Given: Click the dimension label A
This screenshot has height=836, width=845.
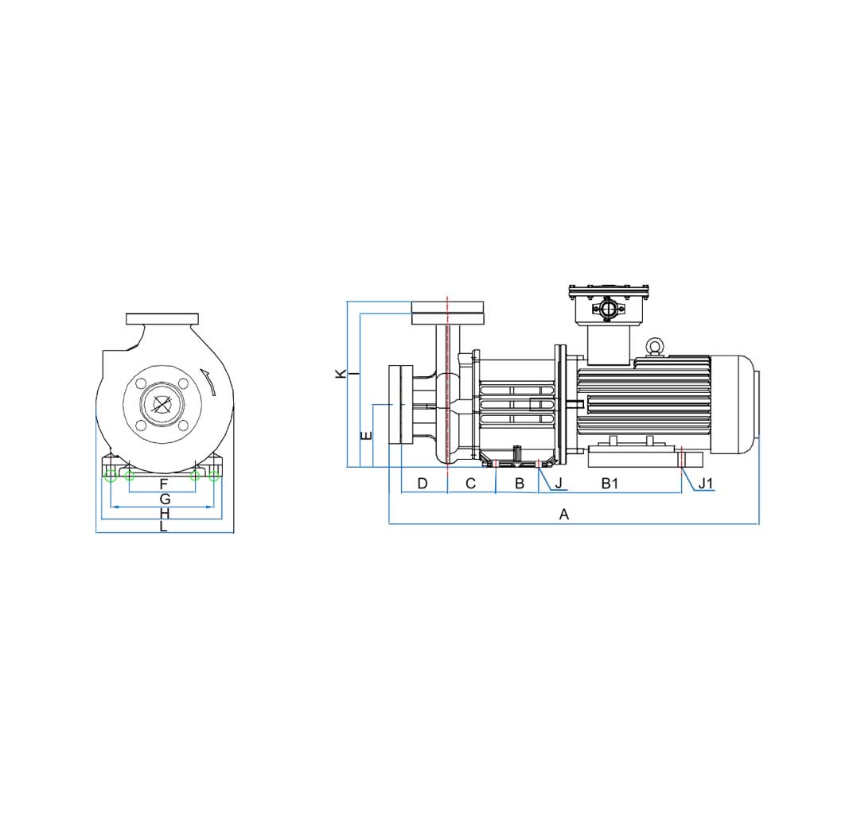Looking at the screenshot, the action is [563, 515].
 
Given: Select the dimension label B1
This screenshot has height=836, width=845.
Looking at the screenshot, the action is [609, 484].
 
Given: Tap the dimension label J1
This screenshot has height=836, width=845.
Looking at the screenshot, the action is [706, 484].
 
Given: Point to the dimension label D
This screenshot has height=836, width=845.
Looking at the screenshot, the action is [422, 484].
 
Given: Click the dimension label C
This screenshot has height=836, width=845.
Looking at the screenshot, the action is [470, 484].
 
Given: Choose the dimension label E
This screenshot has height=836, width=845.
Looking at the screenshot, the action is [367, 435].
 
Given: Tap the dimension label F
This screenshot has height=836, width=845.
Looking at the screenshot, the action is [164, 484].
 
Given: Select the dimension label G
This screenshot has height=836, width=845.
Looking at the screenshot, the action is [165, 500].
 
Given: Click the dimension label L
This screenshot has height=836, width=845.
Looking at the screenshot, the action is [164, 527].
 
